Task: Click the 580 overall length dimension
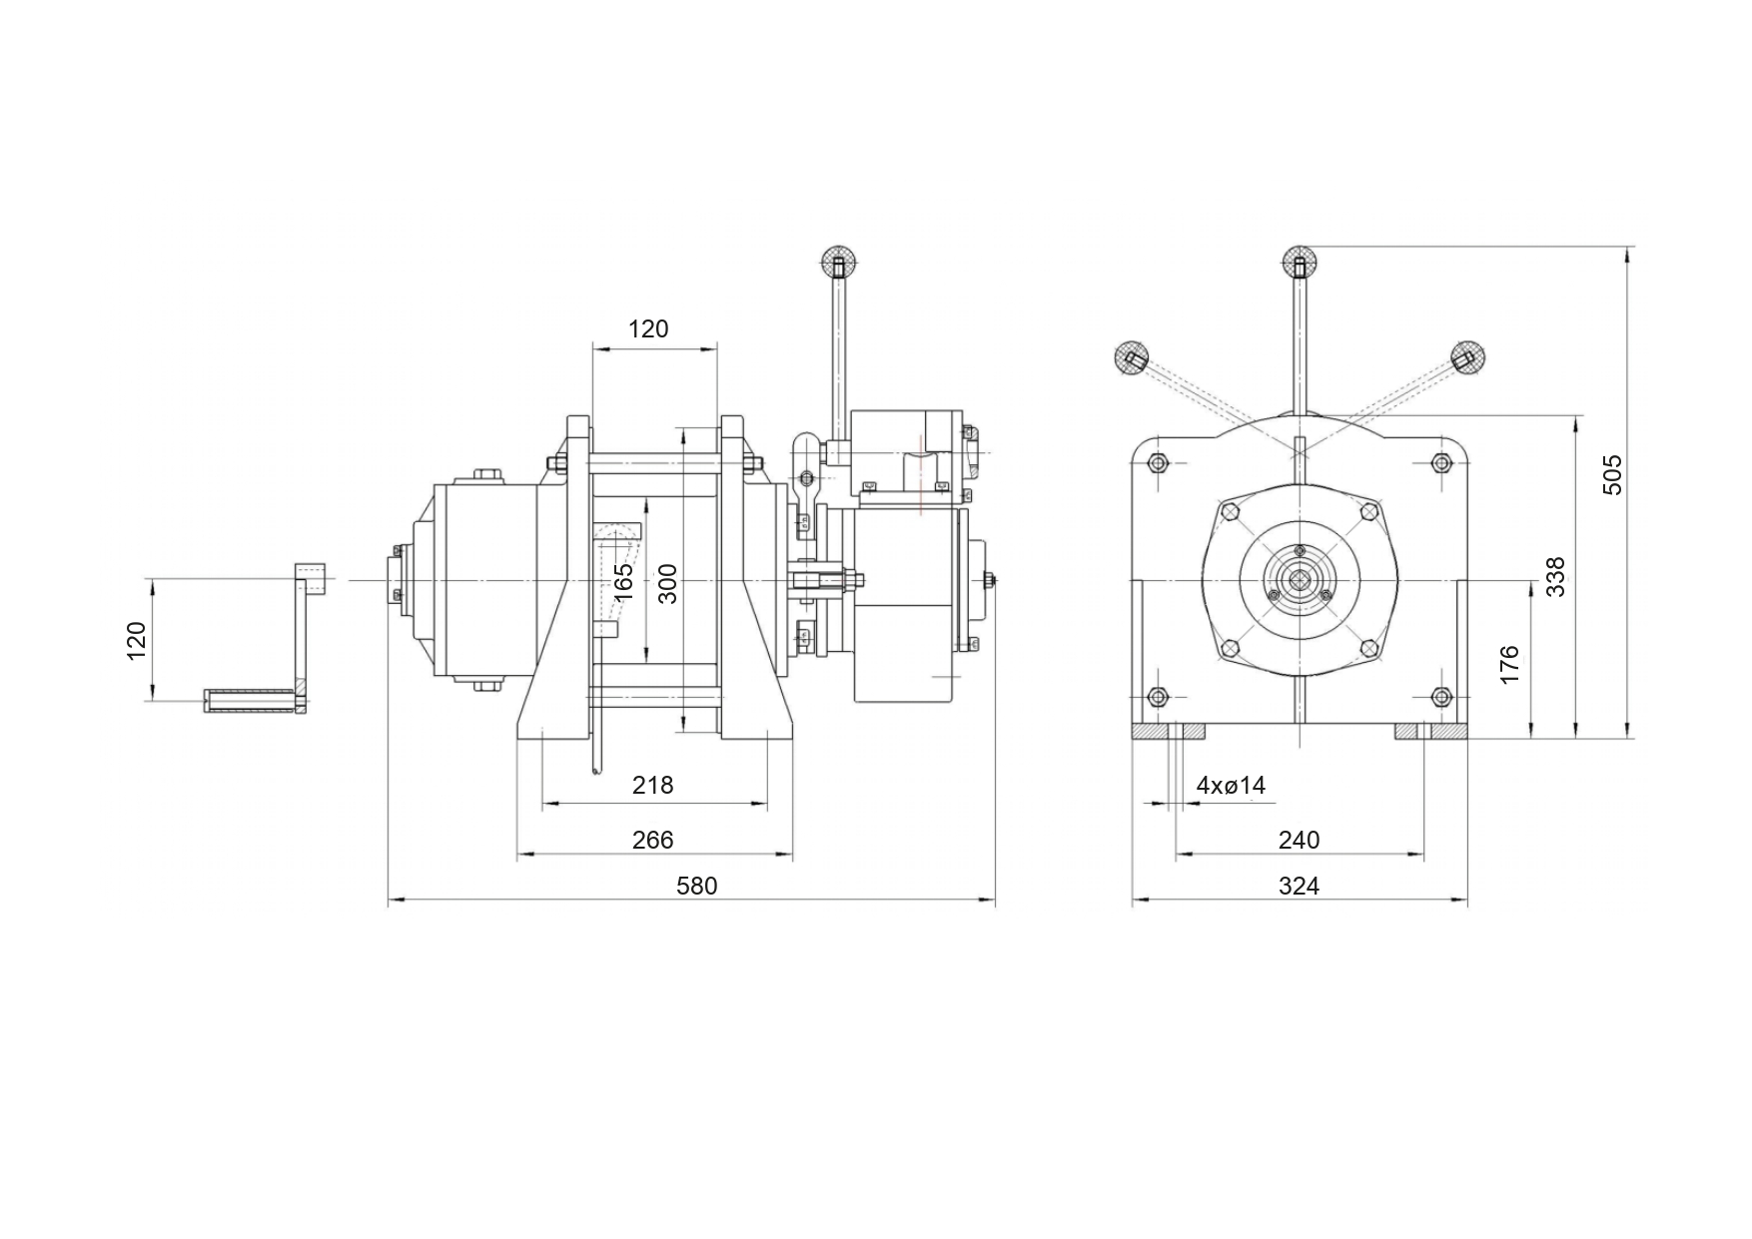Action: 696,886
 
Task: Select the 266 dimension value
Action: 653,840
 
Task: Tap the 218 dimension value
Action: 653,786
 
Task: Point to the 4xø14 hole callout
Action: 1231,786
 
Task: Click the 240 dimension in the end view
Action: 1299,840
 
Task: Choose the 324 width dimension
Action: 1299,886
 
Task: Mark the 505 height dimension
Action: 1612,474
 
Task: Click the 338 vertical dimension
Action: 1555,577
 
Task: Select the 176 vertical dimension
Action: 1509,665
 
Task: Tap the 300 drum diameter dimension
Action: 668,584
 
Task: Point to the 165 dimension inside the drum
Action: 622,582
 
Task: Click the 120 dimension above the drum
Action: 648,328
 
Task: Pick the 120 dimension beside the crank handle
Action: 137,640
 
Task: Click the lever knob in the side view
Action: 837,263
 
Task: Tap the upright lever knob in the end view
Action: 1300,263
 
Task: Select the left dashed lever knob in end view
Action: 1132,356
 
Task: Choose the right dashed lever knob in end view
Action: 1466,356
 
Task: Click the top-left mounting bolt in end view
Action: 1158,462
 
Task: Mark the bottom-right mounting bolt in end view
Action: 1440,696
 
